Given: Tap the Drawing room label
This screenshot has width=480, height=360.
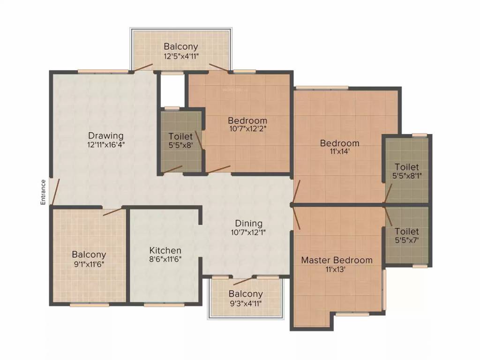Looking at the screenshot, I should [106, 136].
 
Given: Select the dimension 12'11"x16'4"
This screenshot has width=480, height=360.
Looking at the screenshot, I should [106, 145].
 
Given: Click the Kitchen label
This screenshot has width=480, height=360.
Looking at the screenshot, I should [165, 250].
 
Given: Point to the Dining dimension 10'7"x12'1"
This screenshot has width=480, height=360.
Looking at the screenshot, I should [248, 232].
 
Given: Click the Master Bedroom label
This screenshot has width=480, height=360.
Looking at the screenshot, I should [337, 260].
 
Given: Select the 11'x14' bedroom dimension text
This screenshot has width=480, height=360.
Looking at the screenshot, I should [339, 152].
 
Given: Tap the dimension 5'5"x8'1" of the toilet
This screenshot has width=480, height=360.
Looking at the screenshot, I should [406, 176].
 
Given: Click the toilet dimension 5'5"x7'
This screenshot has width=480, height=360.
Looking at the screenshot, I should [406, 240].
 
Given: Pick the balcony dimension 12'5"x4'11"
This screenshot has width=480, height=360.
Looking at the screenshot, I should [181, 56].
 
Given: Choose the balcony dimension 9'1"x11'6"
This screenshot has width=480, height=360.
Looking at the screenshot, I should [89, 263].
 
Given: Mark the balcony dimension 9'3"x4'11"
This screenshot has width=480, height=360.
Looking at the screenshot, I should [246, 303].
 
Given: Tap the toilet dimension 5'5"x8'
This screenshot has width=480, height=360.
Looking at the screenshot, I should [180, 145].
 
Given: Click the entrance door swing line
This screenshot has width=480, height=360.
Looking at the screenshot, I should [55, 191].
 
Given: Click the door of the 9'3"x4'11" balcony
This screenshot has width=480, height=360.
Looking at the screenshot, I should [242, 281].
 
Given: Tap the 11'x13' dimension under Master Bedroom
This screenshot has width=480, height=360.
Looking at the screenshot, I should [337, 269].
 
